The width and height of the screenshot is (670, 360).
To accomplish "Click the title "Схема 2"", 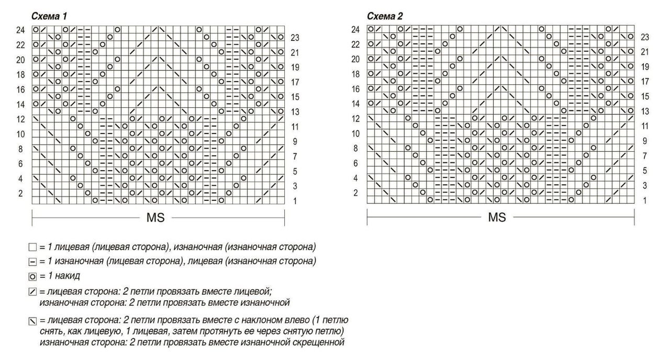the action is (385, 16).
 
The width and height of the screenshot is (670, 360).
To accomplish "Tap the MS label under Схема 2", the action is (496, 218).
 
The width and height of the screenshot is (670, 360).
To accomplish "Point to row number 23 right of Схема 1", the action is (295, 37).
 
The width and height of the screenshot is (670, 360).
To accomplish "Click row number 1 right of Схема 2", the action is (645, 200).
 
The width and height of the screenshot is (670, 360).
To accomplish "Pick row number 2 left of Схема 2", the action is (356, 193).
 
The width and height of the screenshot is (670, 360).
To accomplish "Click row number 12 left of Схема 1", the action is (21, 119).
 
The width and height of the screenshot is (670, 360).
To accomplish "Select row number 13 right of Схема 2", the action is (645, 112).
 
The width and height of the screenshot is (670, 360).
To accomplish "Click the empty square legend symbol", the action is (32, 247).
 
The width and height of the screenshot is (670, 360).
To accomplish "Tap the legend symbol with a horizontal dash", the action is (32, 261).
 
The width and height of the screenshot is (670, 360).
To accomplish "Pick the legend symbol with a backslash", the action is (32, 321).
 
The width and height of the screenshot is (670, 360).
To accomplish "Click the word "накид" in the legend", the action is (69, 276).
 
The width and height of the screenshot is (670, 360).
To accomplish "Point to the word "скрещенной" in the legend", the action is (318, 342).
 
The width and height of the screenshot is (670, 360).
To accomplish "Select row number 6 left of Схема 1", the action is (21, 164).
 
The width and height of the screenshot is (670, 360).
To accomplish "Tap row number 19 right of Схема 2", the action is (645, 67).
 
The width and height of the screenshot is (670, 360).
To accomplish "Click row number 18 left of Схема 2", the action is (356, 74).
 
